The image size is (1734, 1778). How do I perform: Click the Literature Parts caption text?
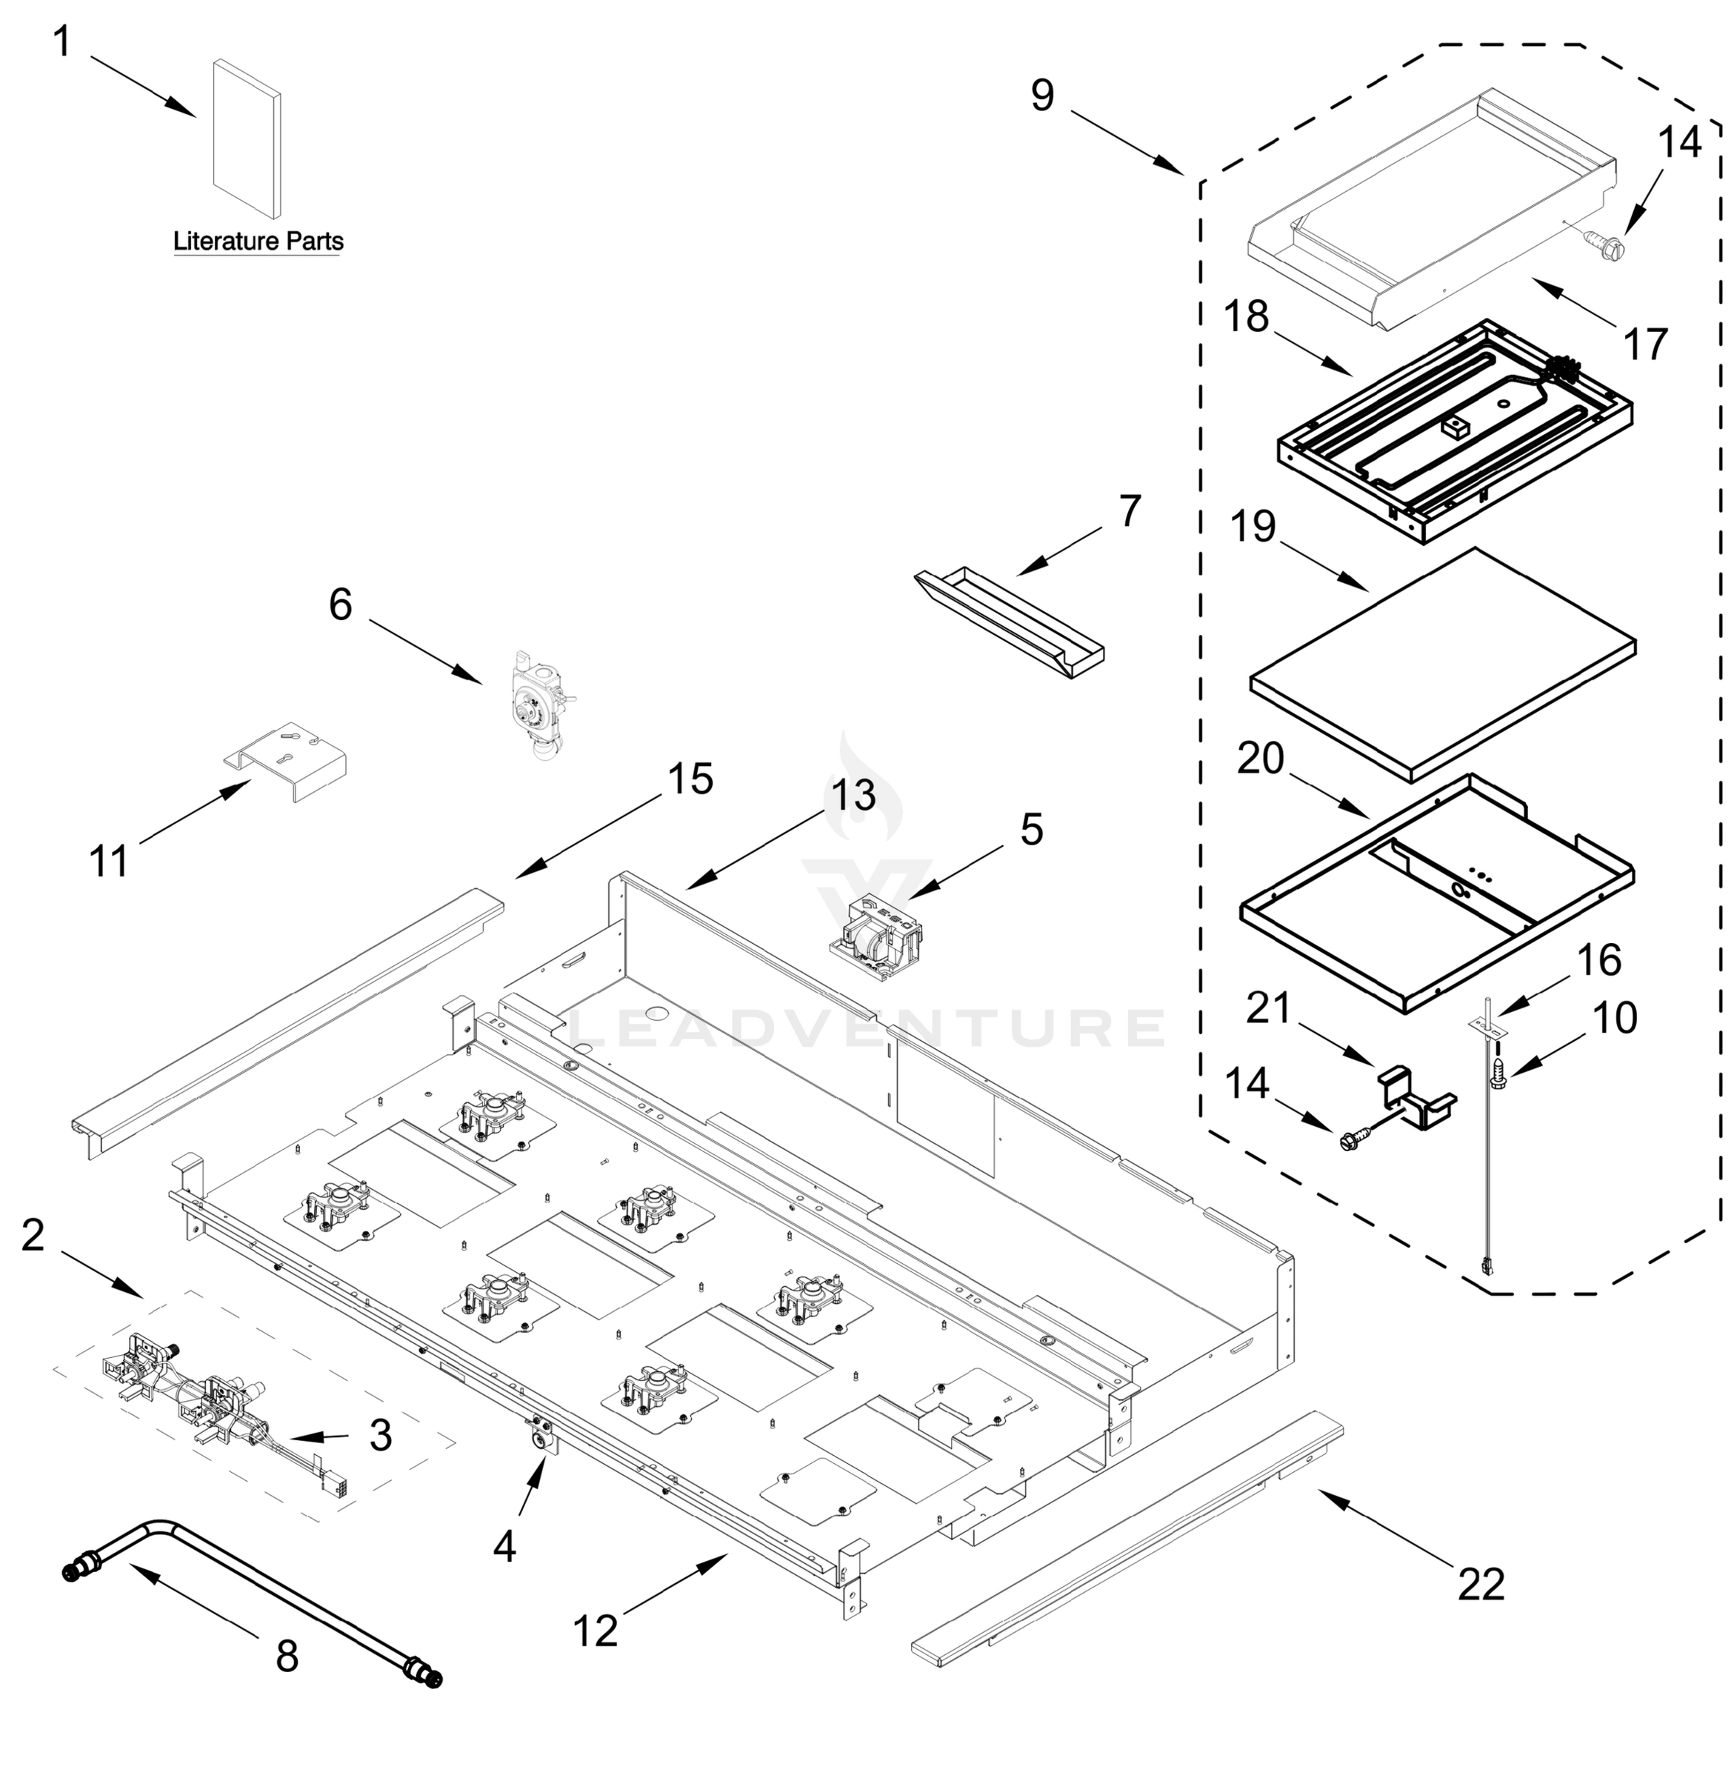click(x=258, y=242)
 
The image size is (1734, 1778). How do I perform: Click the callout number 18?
click(x=1247, y=316)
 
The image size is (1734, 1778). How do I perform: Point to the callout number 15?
click(x=690, y=778)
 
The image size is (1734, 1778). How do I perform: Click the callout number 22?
click(x=1481, y=1584)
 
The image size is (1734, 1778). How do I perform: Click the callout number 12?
click(x=596, y=1630)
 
